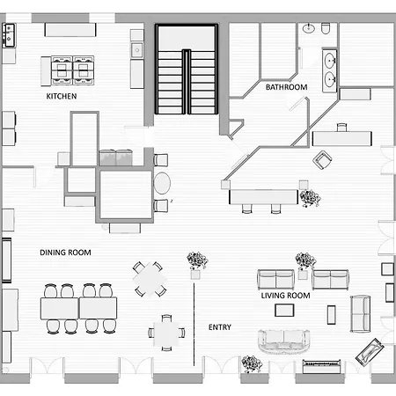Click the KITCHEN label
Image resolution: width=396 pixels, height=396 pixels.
click(62, 96)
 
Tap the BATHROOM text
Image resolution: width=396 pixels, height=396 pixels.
click(286, 87)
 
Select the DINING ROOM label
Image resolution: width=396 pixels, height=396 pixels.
click(65, 253)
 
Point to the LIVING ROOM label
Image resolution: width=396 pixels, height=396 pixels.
click(285, 296)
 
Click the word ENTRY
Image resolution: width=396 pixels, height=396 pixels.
click(220, 327)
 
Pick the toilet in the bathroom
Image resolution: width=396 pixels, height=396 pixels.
click(326, 28)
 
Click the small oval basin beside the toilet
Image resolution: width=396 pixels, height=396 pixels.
click(309, 28)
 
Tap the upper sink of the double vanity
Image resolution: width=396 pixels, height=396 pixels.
click(330, 62)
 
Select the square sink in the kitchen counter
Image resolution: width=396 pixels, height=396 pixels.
click(136, 50)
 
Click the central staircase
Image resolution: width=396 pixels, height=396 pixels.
click(187, 70)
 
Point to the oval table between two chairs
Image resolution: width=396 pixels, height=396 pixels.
click(162, 183)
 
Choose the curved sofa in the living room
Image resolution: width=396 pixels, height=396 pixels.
click(284, 341)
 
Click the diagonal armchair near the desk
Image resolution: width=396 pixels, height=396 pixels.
click(322, 160)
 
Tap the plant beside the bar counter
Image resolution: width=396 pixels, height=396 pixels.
click(310, 198)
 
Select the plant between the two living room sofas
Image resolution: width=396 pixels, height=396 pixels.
click(305, 260)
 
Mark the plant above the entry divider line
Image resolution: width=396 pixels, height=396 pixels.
click(197, 260)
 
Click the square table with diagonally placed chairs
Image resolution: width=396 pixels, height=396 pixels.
click(150, 279)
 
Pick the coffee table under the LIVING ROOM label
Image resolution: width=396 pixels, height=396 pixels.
click(284, 311)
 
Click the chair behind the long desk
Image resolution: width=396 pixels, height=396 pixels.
click(341, 128)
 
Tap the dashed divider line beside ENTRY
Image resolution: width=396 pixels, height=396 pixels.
click(194, 325)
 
